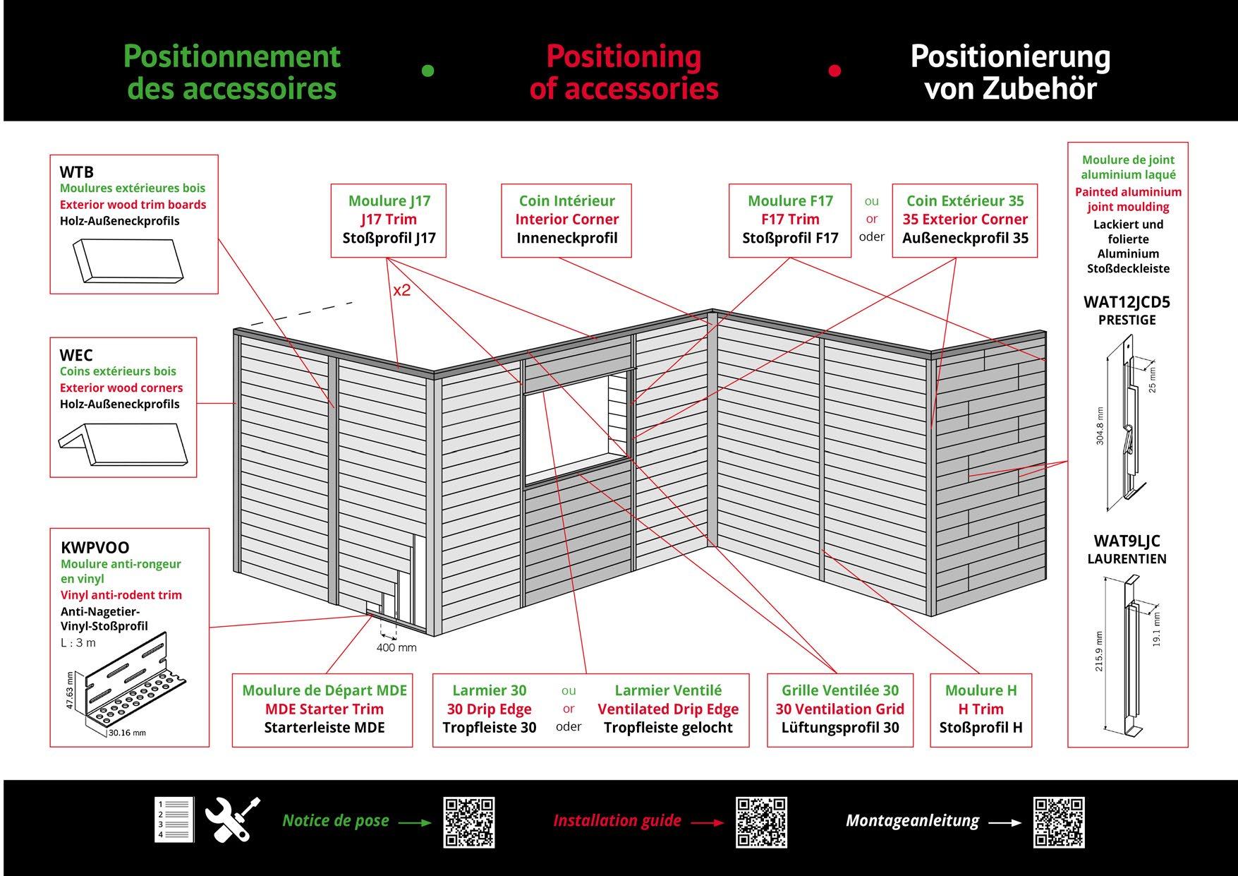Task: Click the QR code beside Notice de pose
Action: pos(468,822)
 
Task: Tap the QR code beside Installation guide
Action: pos(761,822)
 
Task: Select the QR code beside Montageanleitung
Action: pos(1058,822)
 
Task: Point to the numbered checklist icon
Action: pos(174,820)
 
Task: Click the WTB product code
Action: pos(76,172)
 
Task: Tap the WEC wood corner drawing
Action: pos(123,445)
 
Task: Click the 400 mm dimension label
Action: pos(396,647)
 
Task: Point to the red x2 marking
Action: pos(402,290)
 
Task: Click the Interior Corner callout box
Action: pos(566,220)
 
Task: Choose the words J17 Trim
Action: pos(389,220)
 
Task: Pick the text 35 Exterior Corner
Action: pos(965,220)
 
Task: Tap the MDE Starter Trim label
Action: pos(324,709)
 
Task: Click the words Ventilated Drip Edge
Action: pos(668,709)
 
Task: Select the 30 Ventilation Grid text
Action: pos(839,709)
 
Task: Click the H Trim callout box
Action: pos(981,709)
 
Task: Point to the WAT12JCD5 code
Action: pos(1127,302)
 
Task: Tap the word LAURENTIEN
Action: pos(1127,559)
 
